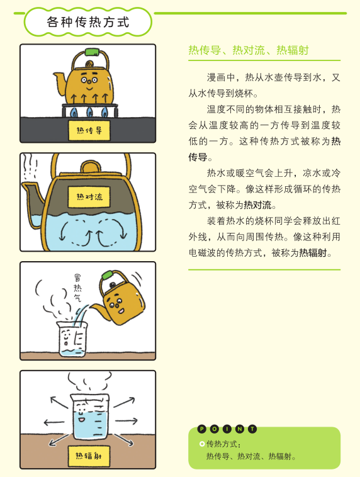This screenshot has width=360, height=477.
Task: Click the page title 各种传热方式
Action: tap(88, 22)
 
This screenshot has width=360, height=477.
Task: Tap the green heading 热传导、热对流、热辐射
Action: tap(249, 50)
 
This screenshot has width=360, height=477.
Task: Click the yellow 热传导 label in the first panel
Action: tap(89, 130)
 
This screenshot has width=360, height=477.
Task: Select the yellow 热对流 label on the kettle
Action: tap(89, 197)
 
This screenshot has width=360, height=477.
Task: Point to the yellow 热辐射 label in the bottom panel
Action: tap(89, 456)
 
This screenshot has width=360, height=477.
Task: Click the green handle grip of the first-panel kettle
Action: tap(93, 52)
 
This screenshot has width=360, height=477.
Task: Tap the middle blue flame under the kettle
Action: tap(90, 112)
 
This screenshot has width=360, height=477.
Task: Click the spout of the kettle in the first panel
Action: tap(60, 82)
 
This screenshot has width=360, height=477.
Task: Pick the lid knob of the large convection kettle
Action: tap(90, 166)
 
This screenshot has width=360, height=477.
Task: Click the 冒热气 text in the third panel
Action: tap(78, 288)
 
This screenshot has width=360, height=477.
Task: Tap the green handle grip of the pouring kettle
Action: tap(108, 275)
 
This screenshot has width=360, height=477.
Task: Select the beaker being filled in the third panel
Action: tap(72, 339)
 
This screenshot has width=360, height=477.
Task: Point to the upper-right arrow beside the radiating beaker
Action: tap(124, 402)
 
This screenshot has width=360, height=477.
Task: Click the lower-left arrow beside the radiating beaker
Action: tap(59, 440)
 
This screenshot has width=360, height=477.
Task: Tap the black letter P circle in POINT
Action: tap(202, 429)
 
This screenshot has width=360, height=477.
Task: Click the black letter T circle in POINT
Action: tap(252, 429)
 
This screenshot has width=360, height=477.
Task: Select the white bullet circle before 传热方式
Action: tap(202, 444)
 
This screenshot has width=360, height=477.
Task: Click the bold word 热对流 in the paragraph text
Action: tap(257, 205)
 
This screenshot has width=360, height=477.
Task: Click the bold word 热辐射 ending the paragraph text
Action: tap(313, 252)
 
